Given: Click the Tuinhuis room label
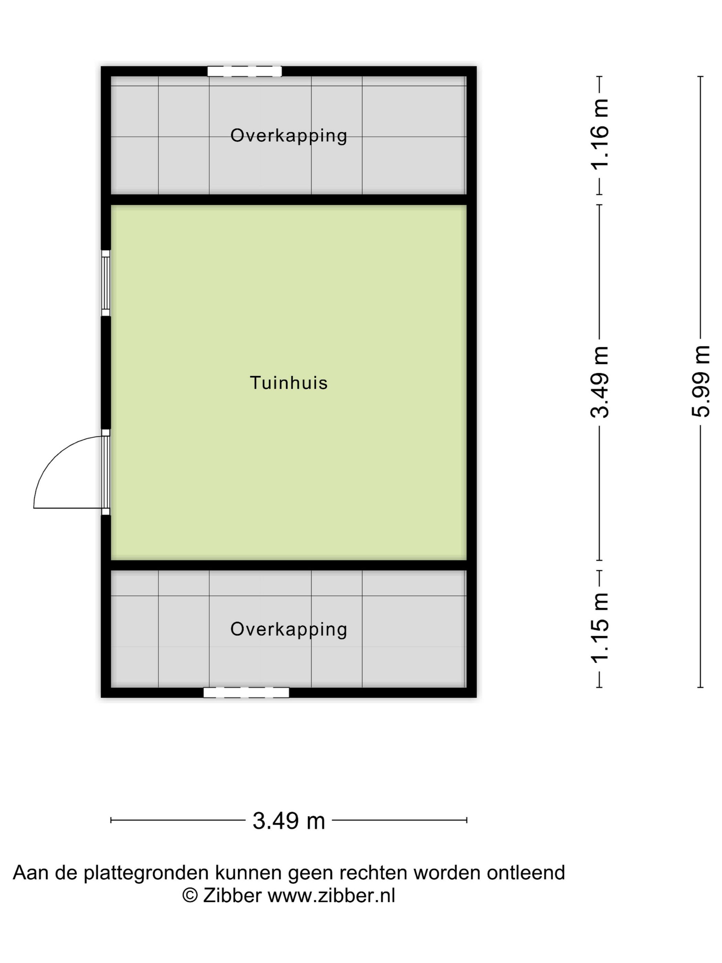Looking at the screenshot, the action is [x=288, y=383].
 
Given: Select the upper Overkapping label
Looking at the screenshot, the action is [x=288, y=136].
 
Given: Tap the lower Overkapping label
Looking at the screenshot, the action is [x=288, y=629].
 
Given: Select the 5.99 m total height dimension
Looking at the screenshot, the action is [x=700, y=381].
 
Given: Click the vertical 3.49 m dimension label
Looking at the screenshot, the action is [x=599, y=382].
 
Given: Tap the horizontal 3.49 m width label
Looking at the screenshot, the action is [x=288, y=821].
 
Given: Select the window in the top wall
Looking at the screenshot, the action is [x=244, y=72].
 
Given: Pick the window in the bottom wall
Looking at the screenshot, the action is [x=246, y=692].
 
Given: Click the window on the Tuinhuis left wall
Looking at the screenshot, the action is [x=106, y=283].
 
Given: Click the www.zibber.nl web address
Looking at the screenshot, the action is [x=331, y=896].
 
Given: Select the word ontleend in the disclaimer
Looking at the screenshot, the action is [x=526, y=873].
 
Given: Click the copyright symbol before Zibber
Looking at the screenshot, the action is [x=190, y=896].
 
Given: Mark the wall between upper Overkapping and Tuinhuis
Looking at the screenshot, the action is [x=288, y=199].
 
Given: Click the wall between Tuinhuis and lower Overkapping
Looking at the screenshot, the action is [x=288, y=565].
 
